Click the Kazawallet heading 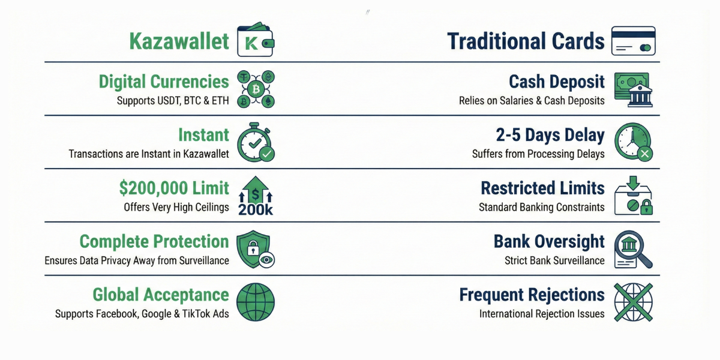[x=179, y=41]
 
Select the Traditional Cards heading [x=526, y=41]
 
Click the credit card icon [x=633, y=41]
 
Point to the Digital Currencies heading [x=164, y=82]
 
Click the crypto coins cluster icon [x=256, y=89]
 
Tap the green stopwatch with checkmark [x=256, y=143]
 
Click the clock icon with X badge [x=633, y=143]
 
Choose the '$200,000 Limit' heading [x=174, y=188]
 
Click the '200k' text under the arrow [x=256, y=209]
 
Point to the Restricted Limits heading [x=542, y=188]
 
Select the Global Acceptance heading [x=160, y=295]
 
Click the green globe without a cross [x=256, y=302]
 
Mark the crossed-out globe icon [x=633, y=302]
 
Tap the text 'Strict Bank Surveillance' [x=554, y=260]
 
